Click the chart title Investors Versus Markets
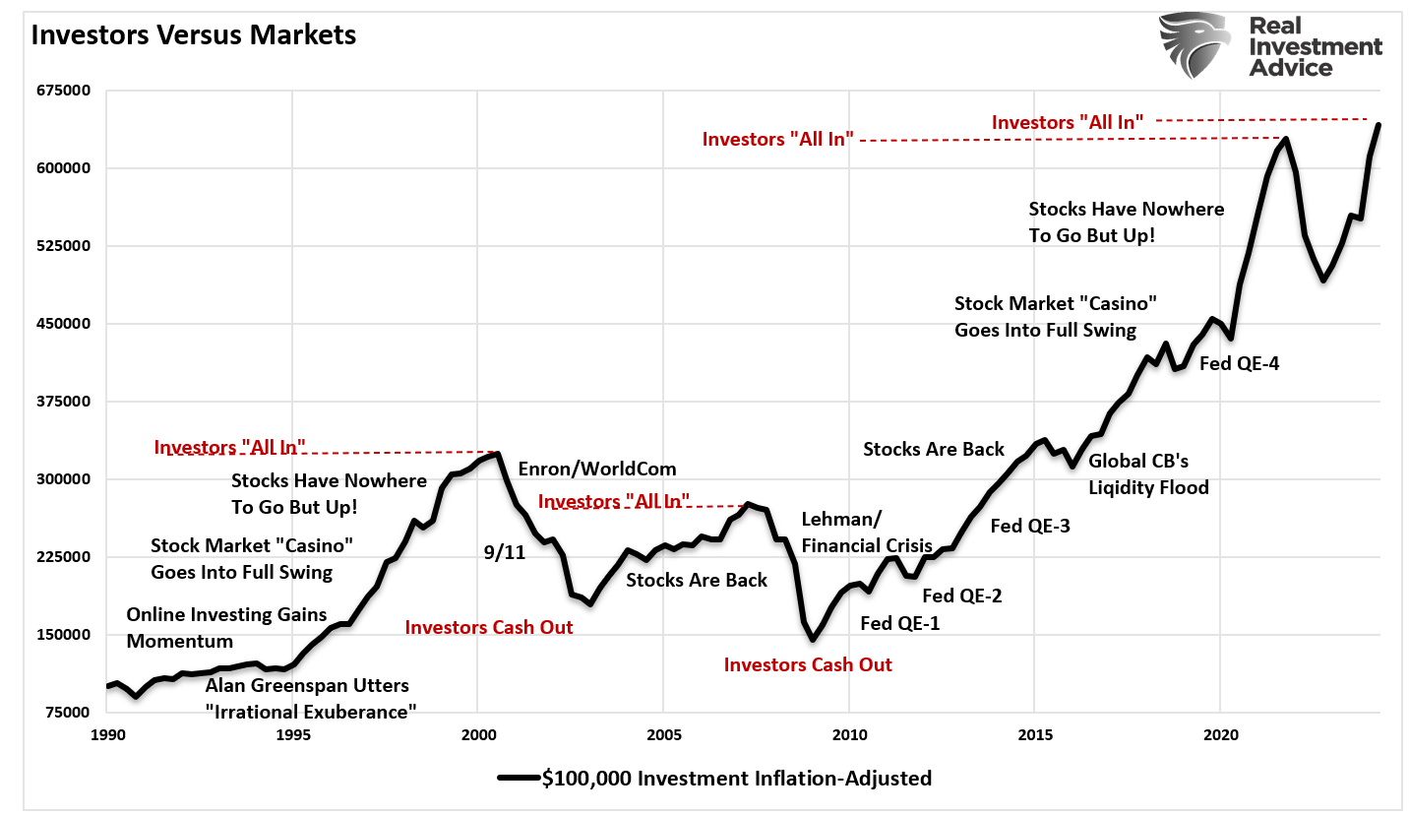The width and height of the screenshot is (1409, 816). (x=194, y=35)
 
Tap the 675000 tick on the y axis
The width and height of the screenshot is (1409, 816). (x=63, y=91)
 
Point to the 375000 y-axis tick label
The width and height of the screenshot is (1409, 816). (x=63, y=402)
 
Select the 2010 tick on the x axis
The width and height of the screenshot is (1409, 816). (x=848, y=734)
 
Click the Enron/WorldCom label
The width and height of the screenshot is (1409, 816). (x=597, y=469)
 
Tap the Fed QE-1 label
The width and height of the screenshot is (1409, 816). (x=899, y=622)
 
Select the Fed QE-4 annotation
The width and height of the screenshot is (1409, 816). (x=1239, y=363)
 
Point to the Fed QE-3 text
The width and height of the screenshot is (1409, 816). (x=1030, y=526)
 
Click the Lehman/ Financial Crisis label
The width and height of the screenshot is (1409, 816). (x=866, y=533)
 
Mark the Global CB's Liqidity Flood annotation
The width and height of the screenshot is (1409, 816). (x=1147, y=473)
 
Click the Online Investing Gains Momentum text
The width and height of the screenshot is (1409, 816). (x=226, y=628)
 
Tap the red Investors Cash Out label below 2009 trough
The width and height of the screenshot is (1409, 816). (x=808, y=664)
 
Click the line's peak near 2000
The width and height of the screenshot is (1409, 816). (x=498, y=454)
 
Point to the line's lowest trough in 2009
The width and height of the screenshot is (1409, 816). (x=813, y=640)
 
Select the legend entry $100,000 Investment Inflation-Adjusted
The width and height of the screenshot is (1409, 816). (x=714, y=778)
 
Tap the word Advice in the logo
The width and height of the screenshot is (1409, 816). (x=1290, y=68)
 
